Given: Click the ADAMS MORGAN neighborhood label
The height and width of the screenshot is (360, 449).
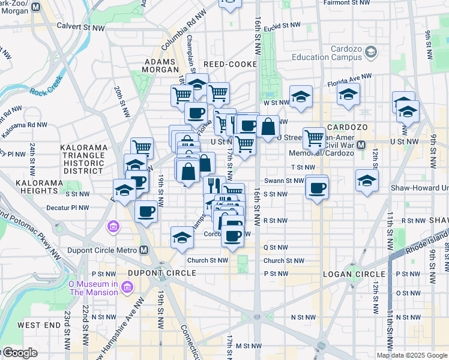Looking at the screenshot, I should pyautogui.click(x=159, y=65).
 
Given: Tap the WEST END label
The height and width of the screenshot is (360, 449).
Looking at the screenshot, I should pyautogui.click(x=38, y=325).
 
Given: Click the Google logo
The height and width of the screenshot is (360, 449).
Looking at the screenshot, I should pyautogui.click(x=20, y=353).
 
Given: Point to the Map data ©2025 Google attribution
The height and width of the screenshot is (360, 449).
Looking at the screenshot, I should pyautogui.click(x=411, y=355).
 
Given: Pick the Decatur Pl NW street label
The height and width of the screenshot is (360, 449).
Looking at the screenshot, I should pyautogui.click(x=67, y=208).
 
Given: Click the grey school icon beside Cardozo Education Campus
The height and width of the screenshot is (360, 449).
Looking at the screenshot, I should pyautogui.click(x=371, y=53).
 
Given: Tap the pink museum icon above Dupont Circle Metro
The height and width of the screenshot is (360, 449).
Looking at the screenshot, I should pyautogui.click(x=113, y=227).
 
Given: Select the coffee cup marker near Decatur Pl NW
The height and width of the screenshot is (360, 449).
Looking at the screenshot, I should pyautogui.click(x=146, y=211).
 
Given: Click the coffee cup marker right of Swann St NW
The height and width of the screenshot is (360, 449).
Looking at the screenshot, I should pyautogui.click(x=316, y=187).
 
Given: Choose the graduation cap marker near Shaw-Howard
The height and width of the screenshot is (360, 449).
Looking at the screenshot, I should pyautogui.click(x=367, y=180).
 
